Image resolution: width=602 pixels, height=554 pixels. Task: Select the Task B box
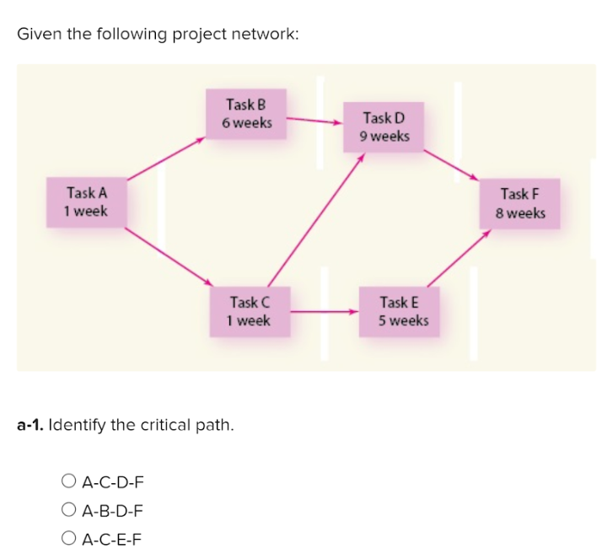pos(247,114)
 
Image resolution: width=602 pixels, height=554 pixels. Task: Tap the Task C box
pos(249,311)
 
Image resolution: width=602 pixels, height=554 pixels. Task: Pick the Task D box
pos(384,126)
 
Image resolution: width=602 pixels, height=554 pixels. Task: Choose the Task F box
pos(520,203)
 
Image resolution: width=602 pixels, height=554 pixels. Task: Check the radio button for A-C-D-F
pos(69,482)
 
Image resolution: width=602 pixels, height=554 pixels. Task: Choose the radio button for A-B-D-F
pos(69,510)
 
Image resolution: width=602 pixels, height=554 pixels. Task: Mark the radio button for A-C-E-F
pos(69,538)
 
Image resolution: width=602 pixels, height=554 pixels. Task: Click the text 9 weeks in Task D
pos(384,136)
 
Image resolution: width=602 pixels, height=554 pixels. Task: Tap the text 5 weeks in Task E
pos(403,320)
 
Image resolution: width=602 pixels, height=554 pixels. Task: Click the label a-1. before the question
pos(30,424)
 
